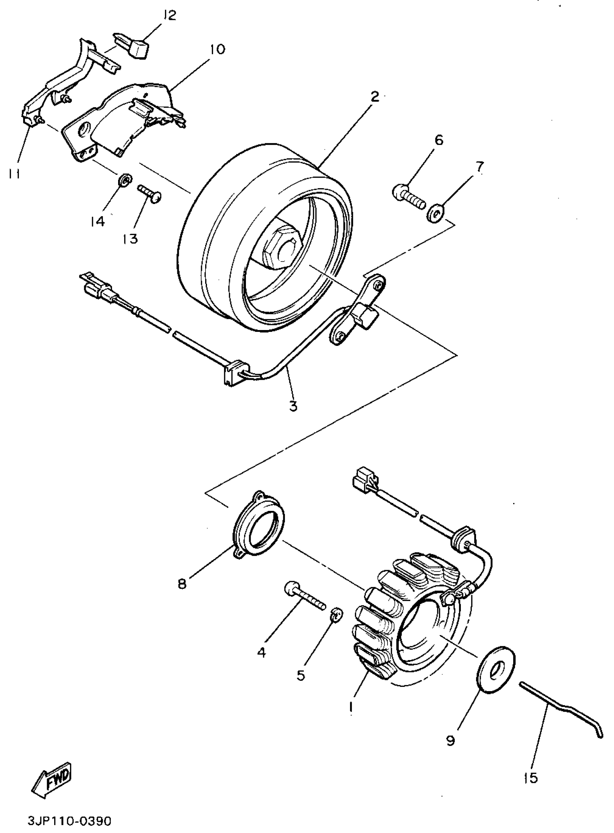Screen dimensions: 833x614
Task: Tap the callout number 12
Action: [169, 16]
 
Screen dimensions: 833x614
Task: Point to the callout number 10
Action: [217, 49]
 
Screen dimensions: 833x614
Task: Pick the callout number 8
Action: [182, 585]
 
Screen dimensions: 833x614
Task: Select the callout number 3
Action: [293, 406]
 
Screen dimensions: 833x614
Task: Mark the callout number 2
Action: [375, 97]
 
